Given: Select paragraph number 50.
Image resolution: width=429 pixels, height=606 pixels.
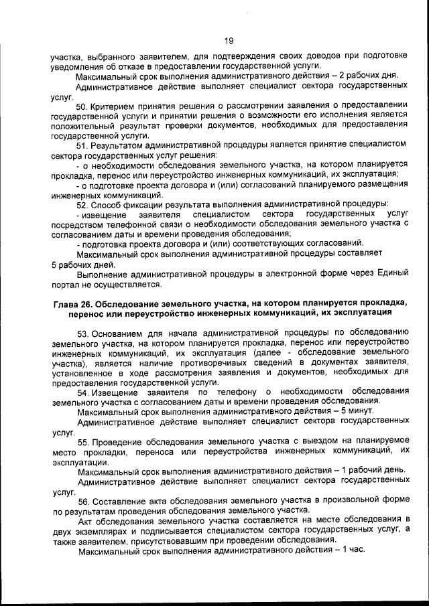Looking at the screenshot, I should [x=84, y=106].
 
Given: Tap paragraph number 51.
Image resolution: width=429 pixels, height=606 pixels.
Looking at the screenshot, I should [x=83, y=145].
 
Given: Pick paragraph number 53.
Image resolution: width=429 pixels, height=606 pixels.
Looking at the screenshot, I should [x=84, y=333].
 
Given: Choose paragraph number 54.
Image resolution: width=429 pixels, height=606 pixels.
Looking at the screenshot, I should [x=84, y=391].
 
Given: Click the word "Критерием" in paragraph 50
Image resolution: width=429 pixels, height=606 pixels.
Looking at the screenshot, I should [x=116, y=106].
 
